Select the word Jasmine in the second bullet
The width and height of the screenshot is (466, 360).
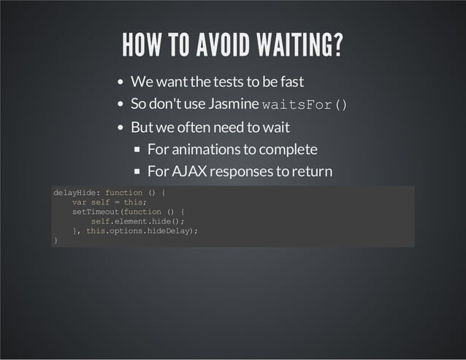point(233,104)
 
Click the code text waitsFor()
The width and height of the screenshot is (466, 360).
point(304,105)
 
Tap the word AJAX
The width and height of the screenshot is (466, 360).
point(188,172)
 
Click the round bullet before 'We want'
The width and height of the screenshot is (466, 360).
point(121,82)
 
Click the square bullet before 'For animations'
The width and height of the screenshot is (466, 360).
point(138,150)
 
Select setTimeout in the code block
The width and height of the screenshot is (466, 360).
point(96,212)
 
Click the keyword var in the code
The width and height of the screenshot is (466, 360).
point(79,202)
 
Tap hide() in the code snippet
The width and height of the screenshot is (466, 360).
point(169,221)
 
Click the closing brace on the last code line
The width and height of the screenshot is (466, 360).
point(56,240)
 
